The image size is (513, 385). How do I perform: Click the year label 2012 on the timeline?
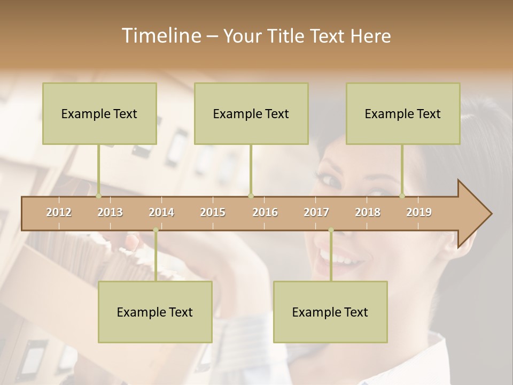pos(59,212)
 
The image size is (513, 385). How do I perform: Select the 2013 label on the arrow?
pos(110,212)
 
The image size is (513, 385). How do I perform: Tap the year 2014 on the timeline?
pos(161,212)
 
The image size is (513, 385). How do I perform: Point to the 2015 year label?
pos(213,212)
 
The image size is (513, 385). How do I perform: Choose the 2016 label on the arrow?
pos(265,212)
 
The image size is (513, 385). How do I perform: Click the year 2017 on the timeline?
pos(316,212)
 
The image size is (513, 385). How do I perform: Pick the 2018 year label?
pos(368,212)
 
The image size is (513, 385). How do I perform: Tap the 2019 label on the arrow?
pos(419,212)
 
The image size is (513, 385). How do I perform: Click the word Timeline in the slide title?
pos(160,36)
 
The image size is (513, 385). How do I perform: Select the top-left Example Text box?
pos(99,113)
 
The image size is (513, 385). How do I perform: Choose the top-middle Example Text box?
pos(251,113)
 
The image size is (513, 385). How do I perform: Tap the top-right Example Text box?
pos(403,113)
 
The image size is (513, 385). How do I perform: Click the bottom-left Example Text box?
pos(155,312)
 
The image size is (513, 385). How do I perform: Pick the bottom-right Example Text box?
pos(330,312)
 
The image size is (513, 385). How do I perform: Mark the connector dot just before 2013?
pos(98,196)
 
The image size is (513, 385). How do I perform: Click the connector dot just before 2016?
pos(251,196)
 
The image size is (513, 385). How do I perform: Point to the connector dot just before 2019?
pos(402,196)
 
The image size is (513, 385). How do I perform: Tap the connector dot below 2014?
pos(156,230)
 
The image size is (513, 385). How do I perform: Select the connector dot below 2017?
pos(331,230)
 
